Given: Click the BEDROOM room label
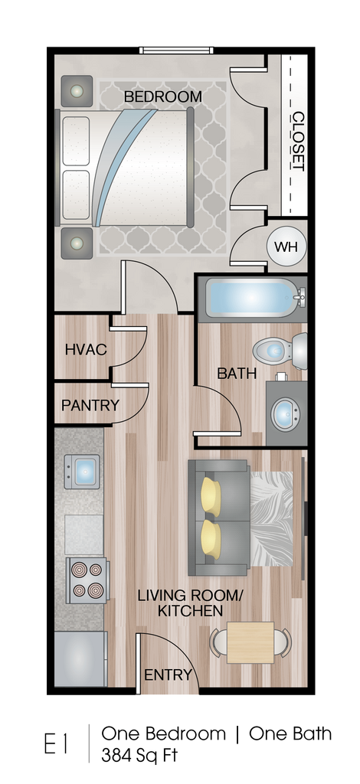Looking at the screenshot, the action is tap(163, 96).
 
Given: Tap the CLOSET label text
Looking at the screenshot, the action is tap(298, 141).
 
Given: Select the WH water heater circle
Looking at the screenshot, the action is tap(286, 247).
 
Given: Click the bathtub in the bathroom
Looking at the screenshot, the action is tap(252, 298).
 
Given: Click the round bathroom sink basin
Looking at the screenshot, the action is tap(285, 413).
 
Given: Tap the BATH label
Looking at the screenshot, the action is tap(237, 374).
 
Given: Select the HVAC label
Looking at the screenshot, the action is tap(86, 349).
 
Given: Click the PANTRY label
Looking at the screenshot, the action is tap(90, 405).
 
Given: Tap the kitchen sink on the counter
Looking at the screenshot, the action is tap(82, 471).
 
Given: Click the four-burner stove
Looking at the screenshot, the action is tap(87, 580).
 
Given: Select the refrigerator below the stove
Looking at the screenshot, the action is tap(80, 658).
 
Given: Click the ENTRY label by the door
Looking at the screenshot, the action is tap(168, 675).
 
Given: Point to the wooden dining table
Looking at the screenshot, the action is tap(250, 642).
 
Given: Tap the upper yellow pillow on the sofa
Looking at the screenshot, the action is tap(211, 495).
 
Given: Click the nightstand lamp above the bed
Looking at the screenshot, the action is tap(77, 91).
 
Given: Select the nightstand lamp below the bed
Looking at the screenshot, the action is tap(77, 243).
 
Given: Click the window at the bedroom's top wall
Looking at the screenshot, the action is tap(176, 50).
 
